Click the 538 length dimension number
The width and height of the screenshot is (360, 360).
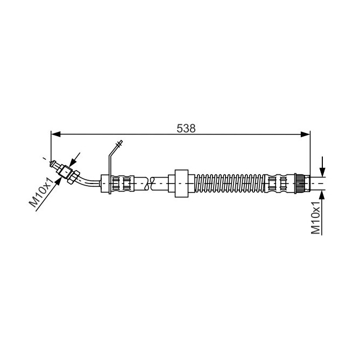pos(186,129)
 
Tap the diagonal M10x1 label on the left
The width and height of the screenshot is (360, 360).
pos(43,191)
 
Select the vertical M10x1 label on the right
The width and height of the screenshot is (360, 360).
pos(315,217)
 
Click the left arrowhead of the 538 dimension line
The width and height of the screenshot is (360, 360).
pos(56,135)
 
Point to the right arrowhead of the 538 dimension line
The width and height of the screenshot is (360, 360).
pos(305,135)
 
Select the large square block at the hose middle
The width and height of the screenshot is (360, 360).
pos(181,183)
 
